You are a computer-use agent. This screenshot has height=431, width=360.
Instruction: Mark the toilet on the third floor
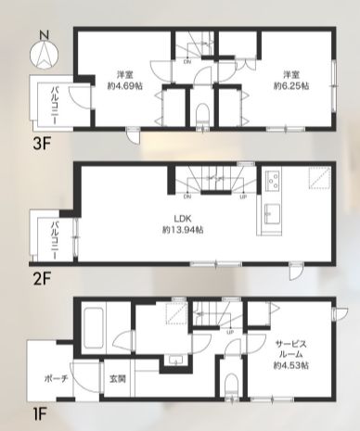click(x=202, y=114)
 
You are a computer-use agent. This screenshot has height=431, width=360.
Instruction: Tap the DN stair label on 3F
click(x=187, y=63)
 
